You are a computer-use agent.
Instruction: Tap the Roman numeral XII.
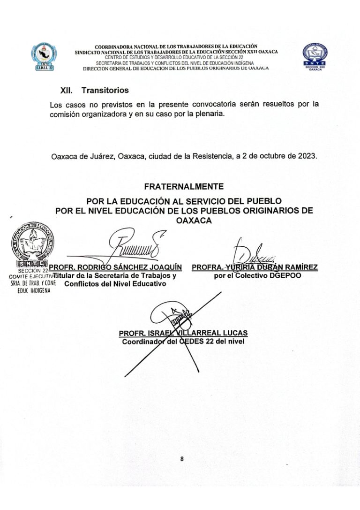point(67,90)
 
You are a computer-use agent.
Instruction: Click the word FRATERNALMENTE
point(180,186)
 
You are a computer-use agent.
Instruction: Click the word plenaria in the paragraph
point(203,114)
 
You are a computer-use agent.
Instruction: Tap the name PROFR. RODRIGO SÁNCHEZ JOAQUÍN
point(115,267)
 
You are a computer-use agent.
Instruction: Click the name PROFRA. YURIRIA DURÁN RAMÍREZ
point(255,267)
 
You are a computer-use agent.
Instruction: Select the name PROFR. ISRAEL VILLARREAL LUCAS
point(183,333)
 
